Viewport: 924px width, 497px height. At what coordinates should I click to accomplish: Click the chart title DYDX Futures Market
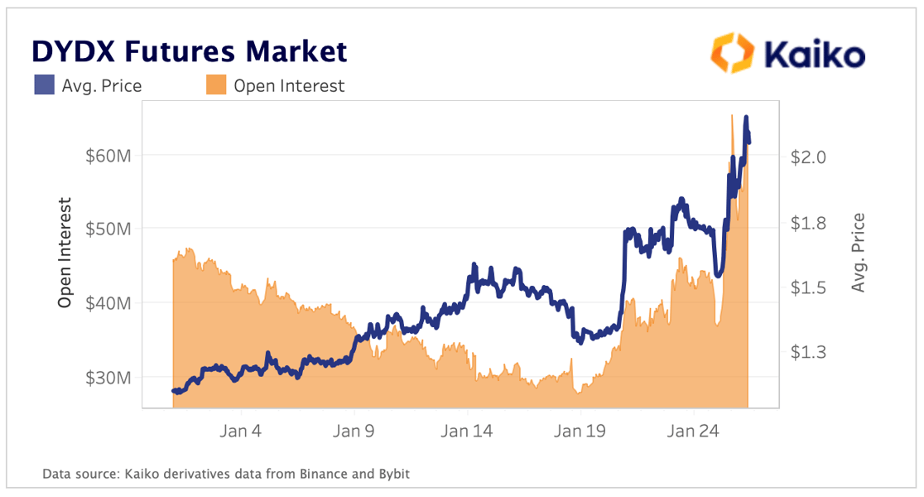pos(189,51)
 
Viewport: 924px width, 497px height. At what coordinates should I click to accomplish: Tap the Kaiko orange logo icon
pos(733,53)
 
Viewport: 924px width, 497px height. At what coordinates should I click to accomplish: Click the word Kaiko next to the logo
pos(815,55)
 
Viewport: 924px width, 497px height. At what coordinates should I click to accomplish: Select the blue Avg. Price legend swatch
pos(44,84)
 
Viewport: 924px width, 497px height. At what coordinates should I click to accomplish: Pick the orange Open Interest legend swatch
pos(215,84)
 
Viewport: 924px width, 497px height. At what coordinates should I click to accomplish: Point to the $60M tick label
pos(108,155)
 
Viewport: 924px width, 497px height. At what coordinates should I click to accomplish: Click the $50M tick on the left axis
pos(108,229)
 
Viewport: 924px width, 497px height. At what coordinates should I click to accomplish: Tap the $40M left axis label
pos(108,303)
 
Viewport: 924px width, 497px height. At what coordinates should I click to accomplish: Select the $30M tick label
pos(108,378)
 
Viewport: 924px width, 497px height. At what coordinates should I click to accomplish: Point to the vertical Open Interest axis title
pos(65,253)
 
